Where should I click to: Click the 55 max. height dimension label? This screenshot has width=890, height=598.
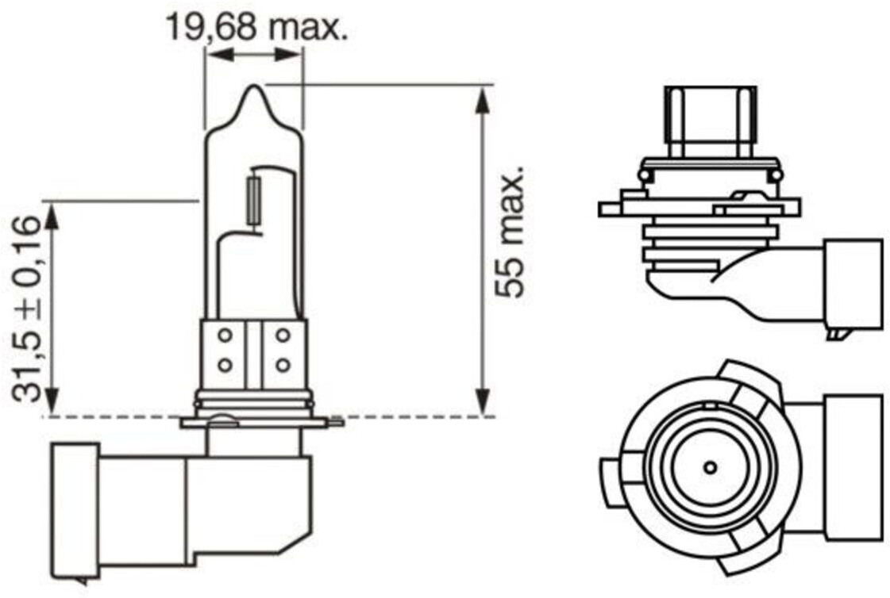[x=509, y=232]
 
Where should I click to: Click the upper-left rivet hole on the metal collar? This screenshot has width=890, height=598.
[x=225, y=335]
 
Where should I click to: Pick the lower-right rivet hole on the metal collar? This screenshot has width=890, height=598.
[x=283, y=364]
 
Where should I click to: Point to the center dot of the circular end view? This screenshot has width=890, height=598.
[x=710, y=468]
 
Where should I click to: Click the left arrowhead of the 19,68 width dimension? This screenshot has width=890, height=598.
[x=219, y=55]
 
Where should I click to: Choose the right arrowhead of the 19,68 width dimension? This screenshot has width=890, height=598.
[x=287, y=55]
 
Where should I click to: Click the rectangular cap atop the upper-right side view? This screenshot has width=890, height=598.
[x=710, y=122]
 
